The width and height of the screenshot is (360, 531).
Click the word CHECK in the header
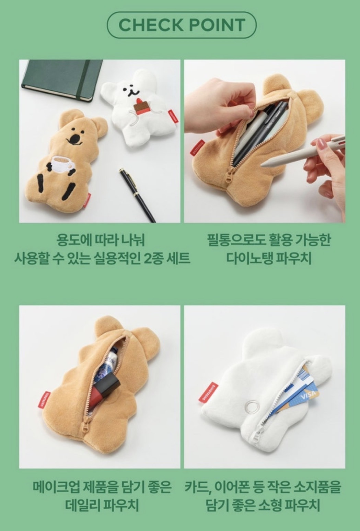[151, 25]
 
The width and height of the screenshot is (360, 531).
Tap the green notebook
[62, 80]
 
